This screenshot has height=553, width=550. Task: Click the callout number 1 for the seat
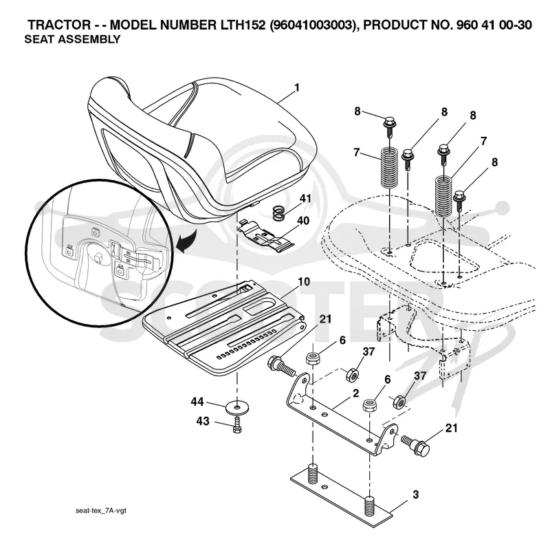[x=297, y=87]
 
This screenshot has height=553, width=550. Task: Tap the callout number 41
[x=305, y=198]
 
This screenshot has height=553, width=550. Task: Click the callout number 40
[x=303, y=221]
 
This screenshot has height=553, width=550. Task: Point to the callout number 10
[x=304, y=281]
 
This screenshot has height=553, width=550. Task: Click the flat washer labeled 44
[x=236, y=408]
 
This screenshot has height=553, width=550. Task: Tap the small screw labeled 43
[x=237, y=424]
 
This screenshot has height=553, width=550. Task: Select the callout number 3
[x=416, y=495]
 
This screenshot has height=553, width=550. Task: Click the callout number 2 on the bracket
[x=355, y=393]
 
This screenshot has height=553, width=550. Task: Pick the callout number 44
[x=197, y=402]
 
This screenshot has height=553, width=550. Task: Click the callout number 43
[x=203, y=421]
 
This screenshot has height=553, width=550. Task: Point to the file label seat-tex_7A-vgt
[x=101, y=510]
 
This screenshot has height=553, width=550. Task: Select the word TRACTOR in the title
[x=59, y=25]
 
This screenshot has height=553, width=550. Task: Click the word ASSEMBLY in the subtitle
[x=89, y=39]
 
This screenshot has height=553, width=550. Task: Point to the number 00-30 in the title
[x=516, y=25]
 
